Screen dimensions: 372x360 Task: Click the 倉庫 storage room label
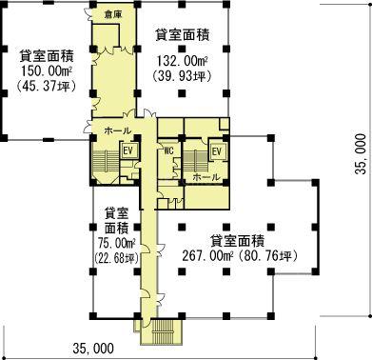[113, 14]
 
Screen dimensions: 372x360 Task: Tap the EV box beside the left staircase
[129, 150]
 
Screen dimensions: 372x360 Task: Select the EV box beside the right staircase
[217, 151]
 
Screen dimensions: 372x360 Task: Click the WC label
[169, 150]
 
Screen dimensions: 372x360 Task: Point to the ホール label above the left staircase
[117, 130]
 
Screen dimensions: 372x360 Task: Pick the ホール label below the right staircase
[206, 177]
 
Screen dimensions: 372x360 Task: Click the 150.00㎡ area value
[46, 71]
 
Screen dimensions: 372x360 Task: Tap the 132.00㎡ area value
[183, 61]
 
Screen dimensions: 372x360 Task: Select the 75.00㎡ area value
[117, 244]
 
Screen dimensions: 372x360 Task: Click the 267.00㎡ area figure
[208, 256]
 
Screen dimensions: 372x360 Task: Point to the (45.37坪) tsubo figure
[46, 86]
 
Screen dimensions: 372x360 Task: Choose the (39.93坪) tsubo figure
[182, 76]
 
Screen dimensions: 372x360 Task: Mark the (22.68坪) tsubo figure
[117, 258]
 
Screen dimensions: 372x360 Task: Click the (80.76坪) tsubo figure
[268, 256]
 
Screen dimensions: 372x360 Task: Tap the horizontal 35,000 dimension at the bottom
[93, 349]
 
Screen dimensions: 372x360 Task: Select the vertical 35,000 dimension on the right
[361, 154]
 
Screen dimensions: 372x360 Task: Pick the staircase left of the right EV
[194, 161]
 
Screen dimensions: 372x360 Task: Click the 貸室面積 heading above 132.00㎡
[183, 35]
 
